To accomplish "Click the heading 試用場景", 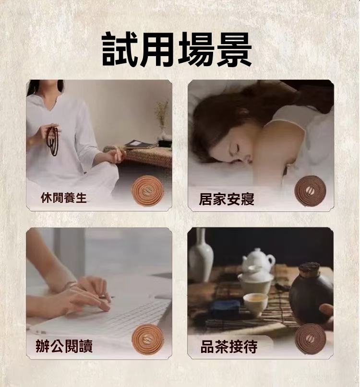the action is point(177,49).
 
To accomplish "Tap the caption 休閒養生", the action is point(64,198).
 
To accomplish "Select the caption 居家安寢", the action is point(227,199).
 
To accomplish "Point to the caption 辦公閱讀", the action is point(64,346).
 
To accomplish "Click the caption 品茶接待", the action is point(229,347).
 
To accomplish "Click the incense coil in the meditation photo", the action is point(147,190).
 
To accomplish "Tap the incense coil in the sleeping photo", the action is point(311,191).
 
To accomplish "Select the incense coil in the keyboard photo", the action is point(148,339).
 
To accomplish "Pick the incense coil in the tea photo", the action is point(311,339).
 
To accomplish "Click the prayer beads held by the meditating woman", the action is point(52,140).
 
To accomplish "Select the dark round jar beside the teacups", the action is point(312,293).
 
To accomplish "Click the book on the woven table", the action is point(140,145).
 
